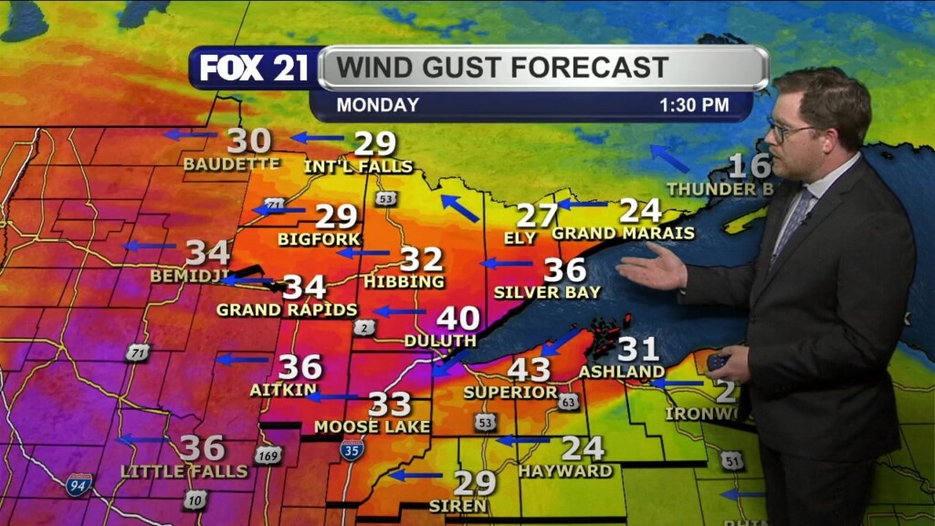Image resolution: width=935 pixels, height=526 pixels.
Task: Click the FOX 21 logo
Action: (x=253, y=68)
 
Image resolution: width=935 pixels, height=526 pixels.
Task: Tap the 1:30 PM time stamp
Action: (x=694, y=105)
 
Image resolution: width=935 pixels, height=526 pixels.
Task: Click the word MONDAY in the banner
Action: (x=377, y=105)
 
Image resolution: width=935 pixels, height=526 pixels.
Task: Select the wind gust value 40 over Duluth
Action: (x=457, y=319)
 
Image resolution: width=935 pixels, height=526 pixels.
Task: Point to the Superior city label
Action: (x=510, y=392)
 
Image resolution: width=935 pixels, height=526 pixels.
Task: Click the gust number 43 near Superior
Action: (x=529, y=370)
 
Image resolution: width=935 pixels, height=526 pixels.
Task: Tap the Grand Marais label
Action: (x=623, y=233)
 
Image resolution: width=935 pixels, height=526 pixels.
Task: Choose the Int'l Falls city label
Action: (x=358, y=166)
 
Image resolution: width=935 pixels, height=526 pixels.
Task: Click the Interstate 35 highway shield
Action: (x=352, y=447)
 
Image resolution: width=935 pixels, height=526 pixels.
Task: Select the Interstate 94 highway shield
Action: (x=79, y=484)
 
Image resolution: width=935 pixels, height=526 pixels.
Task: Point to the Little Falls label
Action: (x=184, y=471)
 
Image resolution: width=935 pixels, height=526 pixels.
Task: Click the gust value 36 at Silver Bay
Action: (x=564, y=269)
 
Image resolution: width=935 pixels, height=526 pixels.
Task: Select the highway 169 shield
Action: (x=268, y=454)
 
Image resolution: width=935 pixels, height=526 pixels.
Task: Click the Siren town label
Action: (x=459, y=505)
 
